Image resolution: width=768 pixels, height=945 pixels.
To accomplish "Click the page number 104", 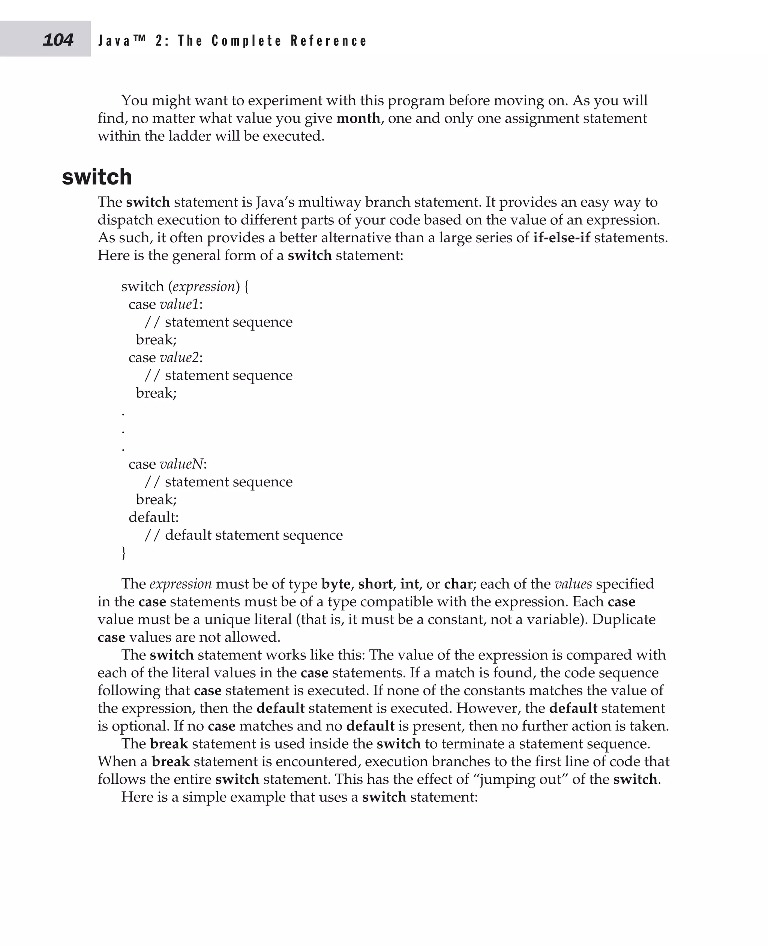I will click(58, 40).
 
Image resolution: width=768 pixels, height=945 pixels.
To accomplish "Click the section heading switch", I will click(97, 177).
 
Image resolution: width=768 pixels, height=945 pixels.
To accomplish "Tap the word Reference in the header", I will click(329, 41).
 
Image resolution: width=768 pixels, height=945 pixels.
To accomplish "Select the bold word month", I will click(358, 118).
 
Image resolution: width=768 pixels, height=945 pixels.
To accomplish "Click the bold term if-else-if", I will click(561, 238).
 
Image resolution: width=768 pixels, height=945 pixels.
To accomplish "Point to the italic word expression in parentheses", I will click(204, 286).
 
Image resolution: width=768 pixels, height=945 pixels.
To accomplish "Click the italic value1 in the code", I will click(179, 304).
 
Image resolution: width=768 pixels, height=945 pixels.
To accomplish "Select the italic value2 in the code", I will click(179, 357).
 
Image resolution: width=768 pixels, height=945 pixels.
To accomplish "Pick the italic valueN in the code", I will click(181, 464).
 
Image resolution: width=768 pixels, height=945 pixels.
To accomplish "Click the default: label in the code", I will click(153, 517).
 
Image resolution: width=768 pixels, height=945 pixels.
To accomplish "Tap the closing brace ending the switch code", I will click(124, 553).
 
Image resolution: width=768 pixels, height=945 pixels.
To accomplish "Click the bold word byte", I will click(336, 584).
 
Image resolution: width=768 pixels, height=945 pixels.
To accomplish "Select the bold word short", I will click(375, 584).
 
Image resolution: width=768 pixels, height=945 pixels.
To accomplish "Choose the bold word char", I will click(458, 584).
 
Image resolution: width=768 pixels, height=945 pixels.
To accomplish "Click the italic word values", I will click(573, 584).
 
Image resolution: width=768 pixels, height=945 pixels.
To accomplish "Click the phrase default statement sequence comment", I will click(253, 535).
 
